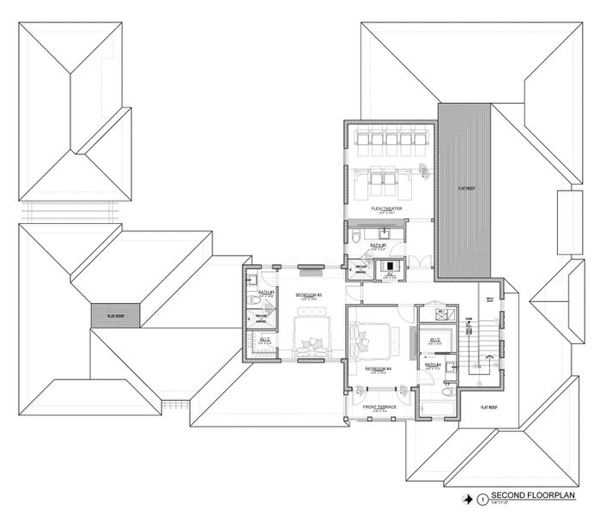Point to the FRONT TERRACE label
pyautogui.click(x=379, y=407)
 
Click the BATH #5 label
pyautogui.click(x=379, y=245)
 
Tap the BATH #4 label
pyautogui.click(x=432, y=365)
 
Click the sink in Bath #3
pyautogui.click(x=253, y=279)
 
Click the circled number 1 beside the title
pyautogui.click(x=483, y=498)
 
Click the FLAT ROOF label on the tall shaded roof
pyautogui.click(x=467, y=186)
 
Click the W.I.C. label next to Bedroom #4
pyautogui.click(x=434, y=339)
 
